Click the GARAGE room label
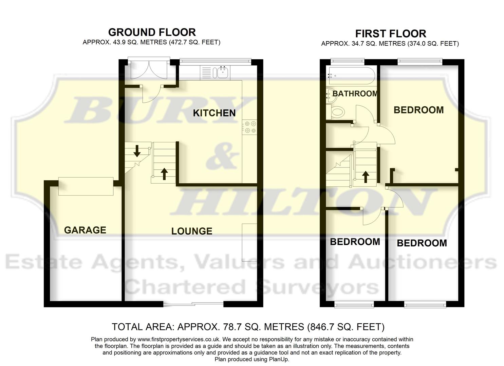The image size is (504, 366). click(x=85, y=230)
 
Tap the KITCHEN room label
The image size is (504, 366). click(x=214, y=113)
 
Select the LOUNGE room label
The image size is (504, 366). click(x=192, y=231)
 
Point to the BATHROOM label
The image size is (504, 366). click(x=355, y=94)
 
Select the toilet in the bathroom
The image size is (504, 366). click(x=336, y=112)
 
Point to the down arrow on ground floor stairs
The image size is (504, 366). click(x=137, y=151)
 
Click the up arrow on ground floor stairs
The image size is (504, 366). click(x=164, y=174)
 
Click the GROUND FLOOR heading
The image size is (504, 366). click(x=152, y=32)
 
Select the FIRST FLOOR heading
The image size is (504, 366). click(x=390, y=34)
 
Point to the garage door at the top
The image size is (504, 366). click(x=86, y=186)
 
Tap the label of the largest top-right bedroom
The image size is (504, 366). click(x=418, y=110)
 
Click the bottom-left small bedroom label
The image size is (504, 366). click(x=355, y=242)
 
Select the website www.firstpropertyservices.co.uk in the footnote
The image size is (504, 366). click(x=179, y=339)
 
